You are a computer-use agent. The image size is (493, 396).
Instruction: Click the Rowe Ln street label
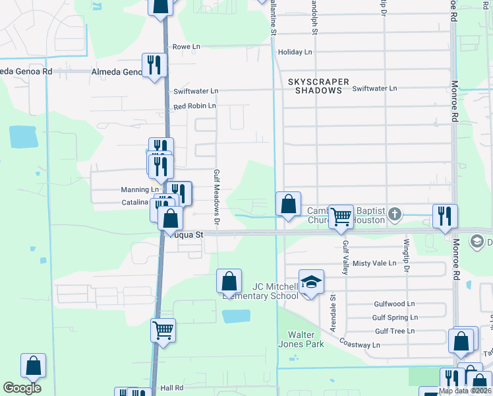point(186,47)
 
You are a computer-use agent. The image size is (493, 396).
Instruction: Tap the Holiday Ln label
point(295,52)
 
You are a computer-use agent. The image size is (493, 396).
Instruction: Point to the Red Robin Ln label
point(194,106)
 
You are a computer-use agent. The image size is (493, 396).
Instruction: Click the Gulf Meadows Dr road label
point(216,196)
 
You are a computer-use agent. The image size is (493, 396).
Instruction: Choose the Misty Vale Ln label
point(374,263)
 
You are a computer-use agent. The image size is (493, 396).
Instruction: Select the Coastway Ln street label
point(359,345)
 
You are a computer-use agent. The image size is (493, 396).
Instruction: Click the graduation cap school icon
point(312,282)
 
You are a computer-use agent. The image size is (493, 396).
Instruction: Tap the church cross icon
point(395,214)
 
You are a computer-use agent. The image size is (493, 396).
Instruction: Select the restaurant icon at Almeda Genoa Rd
point(154,65)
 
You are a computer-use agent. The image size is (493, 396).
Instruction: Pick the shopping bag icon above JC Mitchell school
point(229,280)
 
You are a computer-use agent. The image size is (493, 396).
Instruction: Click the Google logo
point(22,388)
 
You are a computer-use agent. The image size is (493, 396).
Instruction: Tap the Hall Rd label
point(171,388)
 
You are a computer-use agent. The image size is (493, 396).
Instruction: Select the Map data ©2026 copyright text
point(465,391)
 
